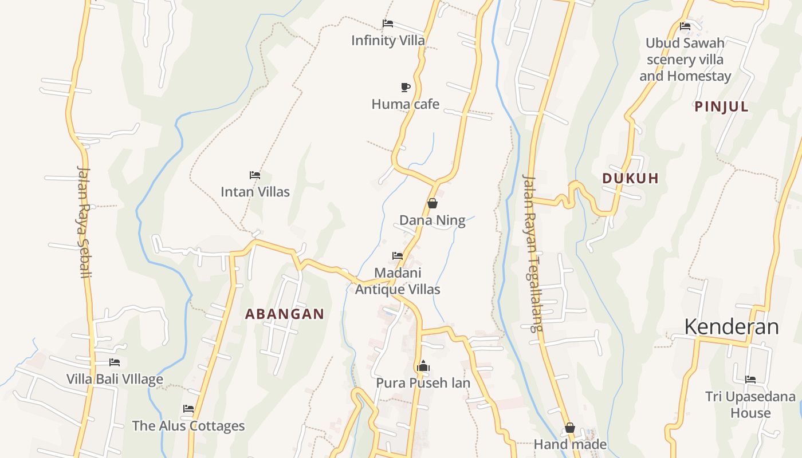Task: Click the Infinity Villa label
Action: pos(388,40)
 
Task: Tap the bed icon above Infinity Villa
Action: pos(388,23)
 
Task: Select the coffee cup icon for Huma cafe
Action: pos(406,87)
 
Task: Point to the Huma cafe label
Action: pos(406,104)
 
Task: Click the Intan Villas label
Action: pos(255,192)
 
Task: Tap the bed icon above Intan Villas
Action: pos(255,175)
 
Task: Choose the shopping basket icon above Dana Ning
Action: pos(433,203)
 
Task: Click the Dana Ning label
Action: pos(433,220)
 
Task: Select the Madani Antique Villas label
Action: pos(398,281)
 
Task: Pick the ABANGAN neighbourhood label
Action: pos(285,314)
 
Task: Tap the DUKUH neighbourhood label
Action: pos(630,178)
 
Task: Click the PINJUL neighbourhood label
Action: pos(721,106)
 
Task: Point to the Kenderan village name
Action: pos(732,327)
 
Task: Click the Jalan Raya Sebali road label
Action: pos(84,222)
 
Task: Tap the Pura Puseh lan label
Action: pos(423,382)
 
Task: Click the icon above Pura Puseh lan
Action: pos(423,366)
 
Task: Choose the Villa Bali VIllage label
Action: pos(115,379)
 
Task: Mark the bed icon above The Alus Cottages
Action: pos(188,409)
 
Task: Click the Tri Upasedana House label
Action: pos(750,404)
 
